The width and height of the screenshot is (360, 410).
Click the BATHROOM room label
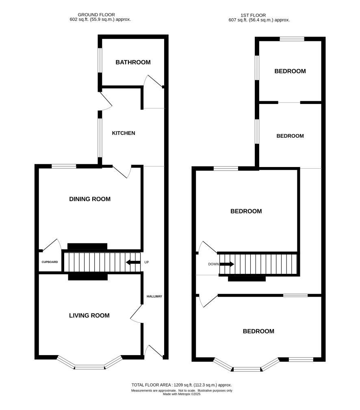click(x=133, y=62)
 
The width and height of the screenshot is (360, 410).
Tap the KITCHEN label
click(x=124, y=133)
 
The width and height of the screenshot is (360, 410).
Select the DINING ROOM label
click(x=90, y=199)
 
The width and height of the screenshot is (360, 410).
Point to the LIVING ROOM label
click(x=89, y=315)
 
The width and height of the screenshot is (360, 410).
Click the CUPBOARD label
click(x=50, y=262)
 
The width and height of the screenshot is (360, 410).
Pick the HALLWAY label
click(x=154, y=296)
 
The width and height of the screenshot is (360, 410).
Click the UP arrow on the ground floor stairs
click(x=133, y=262)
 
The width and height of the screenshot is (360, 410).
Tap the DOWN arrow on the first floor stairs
click(x=227, y=264)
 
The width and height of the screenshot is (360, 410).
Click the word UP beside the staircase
click(x=146, y=262)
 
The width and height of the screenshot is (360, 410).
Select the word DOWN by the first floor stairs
click(x=213, y=264)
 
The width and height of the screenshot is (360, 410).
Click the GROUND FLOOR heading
click(x=96, y=15)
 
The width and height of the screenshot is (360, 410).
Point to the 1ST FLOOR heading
click(x=253, y=15)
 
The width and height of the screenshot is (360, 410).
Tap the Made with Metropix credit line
click(x=182, y=394)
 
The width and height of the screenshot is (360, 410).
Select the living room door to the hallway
click(x=137, y=314)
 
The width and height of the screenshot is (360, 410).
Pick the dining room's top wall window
click(x=64, y=166)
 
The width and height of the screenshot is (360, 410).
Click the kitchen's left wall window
click(x=100, y=138)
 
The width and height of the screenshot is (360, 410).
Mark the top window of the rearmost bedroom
click(x=292, y=39)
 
